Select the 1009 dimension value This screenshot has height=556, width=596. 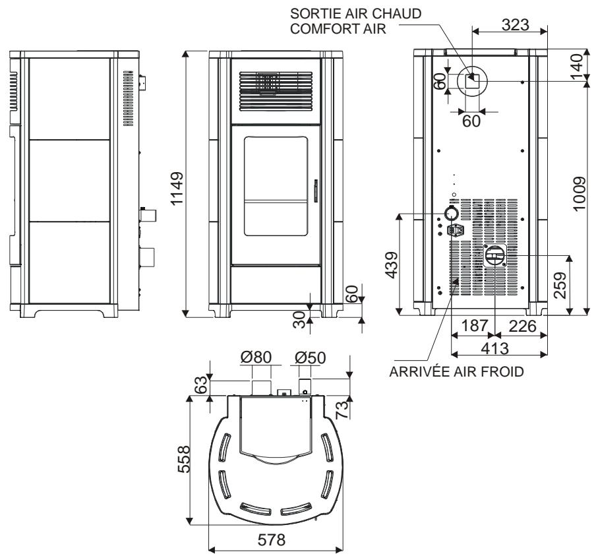coord(579,193)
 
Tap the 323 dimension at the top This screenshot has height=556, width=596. coord(511,24)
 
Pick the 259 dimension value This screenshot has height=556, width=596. coord(560,284)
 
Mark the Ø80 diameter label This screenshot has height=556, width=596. coord(255,358)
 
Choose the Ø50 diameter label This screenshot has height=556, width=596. coord(310,358)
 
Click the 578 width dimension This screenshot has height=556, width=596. coord(272,540)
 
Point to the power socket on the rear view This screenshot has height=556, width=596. coord(454,232)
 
